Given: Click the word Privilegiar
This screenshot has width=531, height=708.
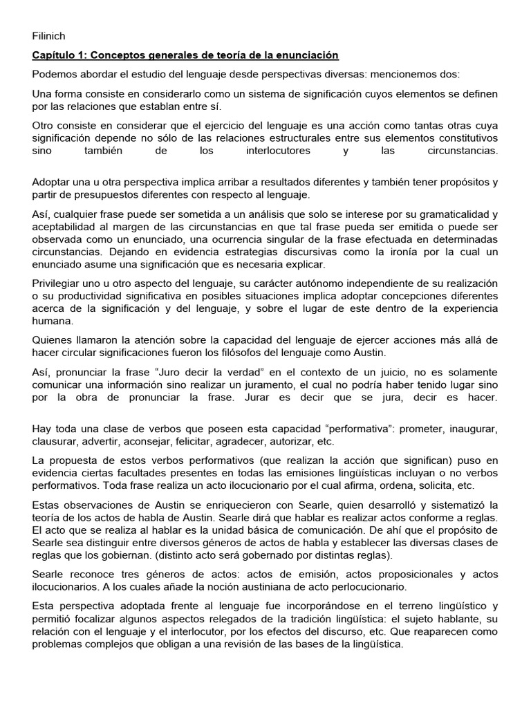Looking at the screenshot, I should pos(59,284).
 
